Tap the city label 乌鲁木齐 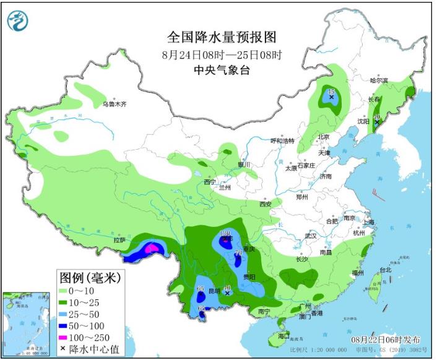[115, 105]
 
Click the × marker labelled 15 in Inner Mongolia [332, 97]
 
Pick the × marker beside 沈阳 [377, 122]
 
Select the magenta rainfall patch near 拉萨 [150, 249]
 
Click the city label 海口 [284, 336]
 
